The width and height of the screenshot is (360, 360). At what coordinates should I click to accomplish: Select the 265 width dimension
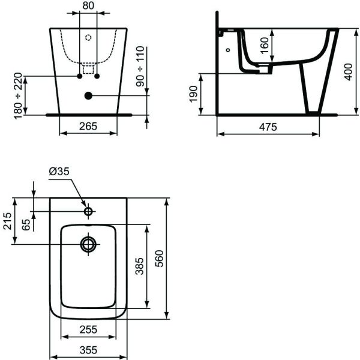[88, 127]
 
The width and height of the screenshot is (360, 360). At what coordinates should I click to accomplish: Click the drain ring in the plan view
[88, 244]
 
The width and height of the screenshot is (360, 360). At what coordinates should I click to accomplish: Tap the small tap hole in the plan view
[88, 211]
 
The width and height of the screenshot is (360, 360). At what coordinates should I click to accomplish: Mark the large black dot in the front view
[88, 95]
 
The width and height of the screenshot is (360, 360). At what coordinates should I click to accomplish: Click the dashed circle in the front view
[88, 37]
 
